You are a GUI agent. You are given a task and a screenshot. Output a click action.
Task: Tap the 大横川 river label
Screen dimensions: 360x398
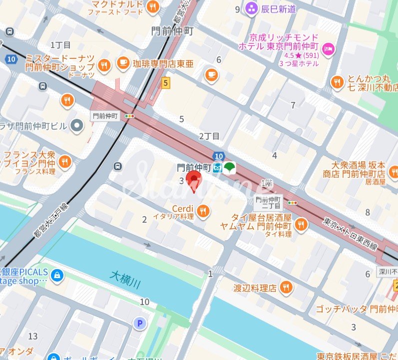(124, 279)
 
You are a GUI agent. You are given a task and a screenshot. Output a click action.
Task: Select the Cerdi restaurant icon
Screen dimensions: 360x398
(203, 212)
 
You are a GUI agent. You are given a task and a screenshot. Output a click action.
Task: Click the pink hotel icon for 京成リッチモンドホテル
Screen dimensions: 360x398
(329, 48)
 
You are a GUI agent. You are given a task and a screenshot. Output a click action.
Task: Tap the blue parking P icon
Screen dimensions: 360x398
(140, 324)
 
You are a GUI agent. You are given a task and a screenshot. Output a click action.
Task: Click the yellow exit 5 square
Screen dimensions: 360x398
(165, 83)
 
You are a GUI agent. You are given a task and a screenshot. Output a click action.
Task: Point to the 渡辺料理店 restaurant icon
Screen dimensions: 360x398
(286, 287)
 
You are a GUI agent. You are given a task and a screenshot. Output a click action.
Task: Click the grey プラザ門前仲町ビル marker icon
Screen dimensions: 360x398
(77, 126)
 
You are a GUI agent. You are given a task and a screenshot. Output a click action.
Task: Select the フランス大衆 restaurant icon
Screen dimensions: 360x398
(64, 161)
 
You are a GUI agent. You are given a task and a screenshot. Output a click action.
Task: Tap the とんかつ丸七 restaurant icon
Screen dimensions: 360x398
(337, 82)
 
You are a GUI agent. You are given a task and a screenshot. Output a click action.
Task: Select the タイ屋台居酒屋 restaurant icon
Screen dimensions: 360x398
(301, 225)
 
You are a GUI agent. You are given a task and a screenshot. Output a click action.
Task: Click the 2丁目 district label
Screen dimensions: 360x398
(209, 136)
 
